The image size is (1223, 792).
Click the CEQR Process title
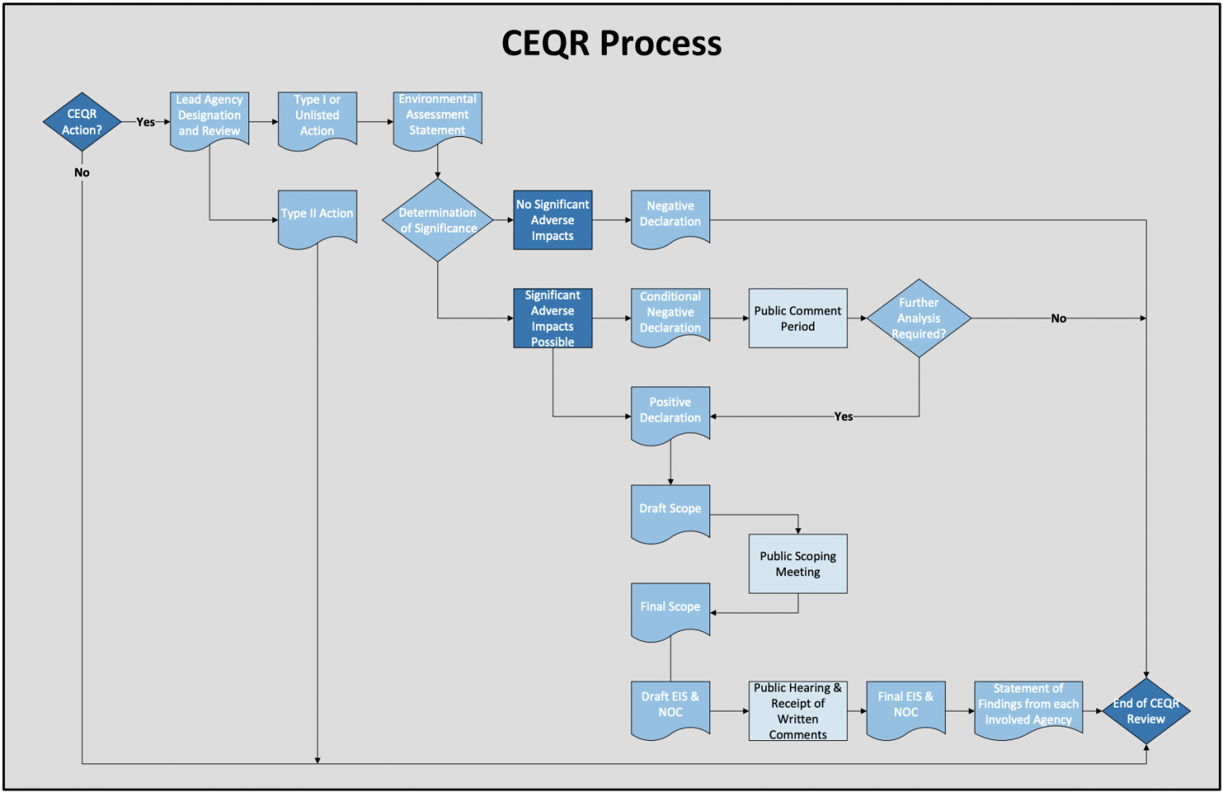(x=611, y=43)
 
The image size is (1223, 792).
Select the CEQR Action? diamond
(x=82, y=122)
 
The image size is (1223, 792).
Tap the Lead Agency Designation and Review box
(x=209, y=117)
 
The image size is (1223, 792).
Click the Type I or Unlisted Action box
(x=317, y=117)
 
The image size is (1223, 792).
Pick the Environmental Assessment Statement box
(x=437, y=116)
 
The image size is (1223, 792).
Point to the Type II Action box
(x=317, y=216)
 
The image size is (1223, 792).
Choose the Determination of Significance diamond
(x=437, y=220)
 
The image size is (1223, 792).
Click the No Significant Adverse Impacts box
(x=553, y=220)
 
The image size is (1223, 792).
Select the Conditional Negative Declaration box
(x=670, y=315)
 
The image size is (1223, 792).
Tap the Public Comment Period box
(x=798, y=318)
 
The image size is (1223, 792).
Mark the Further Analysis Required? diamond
(x=919, y=318)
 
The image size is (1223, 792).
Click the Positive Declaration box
(x=670, y=413)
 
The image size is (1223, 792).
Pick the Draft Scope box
(x=670, y=511)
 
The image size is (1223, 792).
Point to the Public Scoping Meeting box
(x=798, y=563)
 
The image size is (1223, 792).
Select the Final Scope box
(x=670, y=609)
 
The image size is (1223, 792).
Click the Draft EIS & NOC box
(x=670, y=707)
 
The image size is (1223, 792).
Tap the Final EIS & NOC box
(x=905, y=706)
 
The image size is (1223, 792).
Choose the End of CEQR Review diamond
(x=1146, y=711)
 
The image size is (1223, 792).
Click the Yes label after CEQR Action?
(x=146, y=122)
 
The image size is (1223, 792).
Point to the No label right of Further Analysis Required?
(x=1058, y=318)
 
